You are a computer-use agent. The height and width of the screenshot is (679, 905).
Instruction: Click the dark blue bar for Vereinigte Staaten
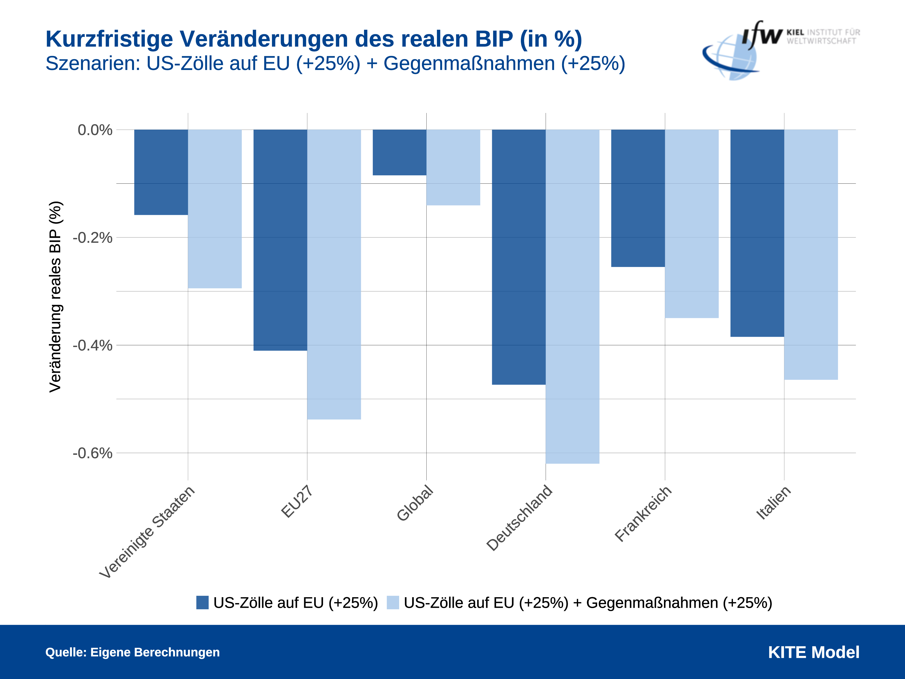161,172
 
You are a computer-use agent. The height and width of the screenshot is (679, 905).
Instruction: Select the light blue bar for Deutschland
572,296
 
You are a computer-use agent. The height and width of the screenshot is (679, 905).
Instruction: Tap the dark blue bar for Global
399,152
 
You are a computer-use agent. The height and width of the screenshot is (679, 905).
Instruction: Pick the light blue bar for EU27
334,274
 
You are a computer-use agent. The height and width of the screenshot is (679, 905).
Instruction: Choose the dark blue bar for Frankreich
638,198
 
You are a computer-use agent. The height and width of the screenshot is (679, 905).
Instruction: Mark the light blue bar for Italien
811,255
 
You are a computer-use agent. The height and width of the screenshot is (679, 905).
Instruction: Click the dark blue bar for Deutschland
518,257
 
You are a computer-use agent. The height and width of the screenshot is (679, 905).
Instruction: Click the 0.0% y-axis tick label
95,130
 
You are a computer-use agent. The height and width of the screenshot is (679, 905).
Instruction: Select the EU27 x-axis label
297,502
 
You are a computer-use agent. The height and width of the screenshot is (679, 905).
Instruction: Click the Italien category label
773,503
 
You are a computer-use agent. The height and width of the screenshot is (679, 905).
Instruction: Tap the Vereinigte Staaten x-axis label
147,532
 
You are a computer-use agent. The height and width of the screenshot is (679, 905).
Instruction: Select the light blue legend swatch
393,602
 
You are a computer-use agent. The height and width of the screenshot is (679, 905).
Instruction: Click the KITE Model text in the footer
813,652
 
